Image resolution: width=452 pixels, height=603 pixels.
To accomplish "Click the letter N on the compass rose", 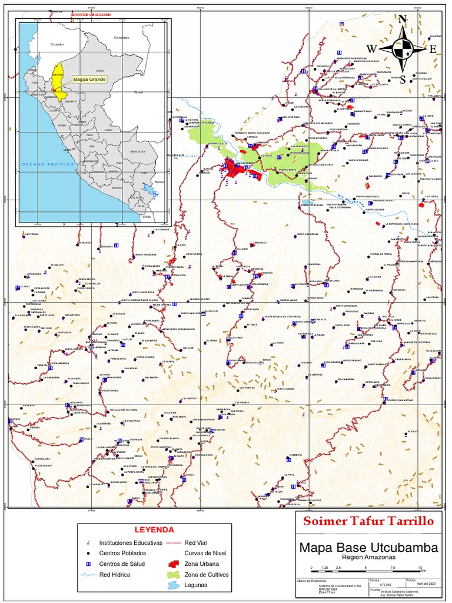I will [403, 19].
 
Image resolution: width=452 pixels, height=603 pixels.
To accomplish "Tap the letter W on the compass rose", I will [372, 48].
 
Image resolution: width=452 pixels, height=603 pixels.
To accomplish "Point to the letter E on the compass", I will [433, 49].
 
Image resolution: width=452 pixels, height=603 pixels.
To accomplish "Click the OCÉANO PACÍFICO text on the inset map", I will [46, 164].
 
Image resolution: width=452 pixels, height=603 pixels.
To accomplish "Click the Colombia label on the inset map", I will [121, 37].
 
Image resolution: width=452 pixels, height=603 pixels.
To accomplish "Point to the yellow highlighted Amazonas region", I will [58, 75].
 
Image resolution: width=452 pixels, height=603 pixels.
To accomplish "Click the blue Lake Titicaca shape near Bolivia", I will [146, 190].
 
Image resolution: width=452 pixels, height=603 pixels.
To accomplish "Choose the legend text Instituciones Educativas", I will [130, 543].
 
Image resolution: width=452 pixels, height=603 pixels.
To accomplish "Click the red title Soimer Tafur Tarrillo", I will [368, 521].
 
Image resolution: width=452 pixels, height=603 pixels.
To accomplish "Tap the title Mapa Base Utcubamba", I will [368, 548].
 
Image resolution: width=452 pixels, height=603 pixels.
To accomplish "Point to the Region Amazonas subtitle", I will [368, 557].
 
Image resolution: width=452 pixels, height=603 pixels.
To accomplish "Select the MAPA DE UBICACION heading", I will [91, 14].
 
